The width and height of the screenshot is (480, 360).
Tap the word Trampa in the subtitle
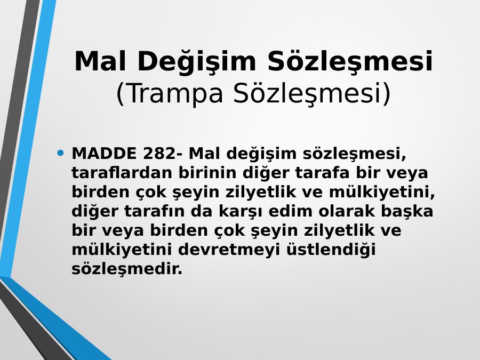[x=174, y=94]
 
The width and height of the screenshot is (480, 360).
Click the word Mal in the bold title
[x=100, y=61]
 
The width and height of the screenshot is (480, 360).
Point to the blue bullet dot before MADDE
[x=61, y=152]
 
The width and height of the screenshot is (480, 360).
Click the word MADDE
[x=104, y=154]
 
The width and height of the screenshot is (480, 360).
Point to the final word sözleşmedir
[x=127, y=269]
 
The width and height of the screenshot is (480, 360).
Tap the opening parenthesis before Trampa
[x=121, y=94]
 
